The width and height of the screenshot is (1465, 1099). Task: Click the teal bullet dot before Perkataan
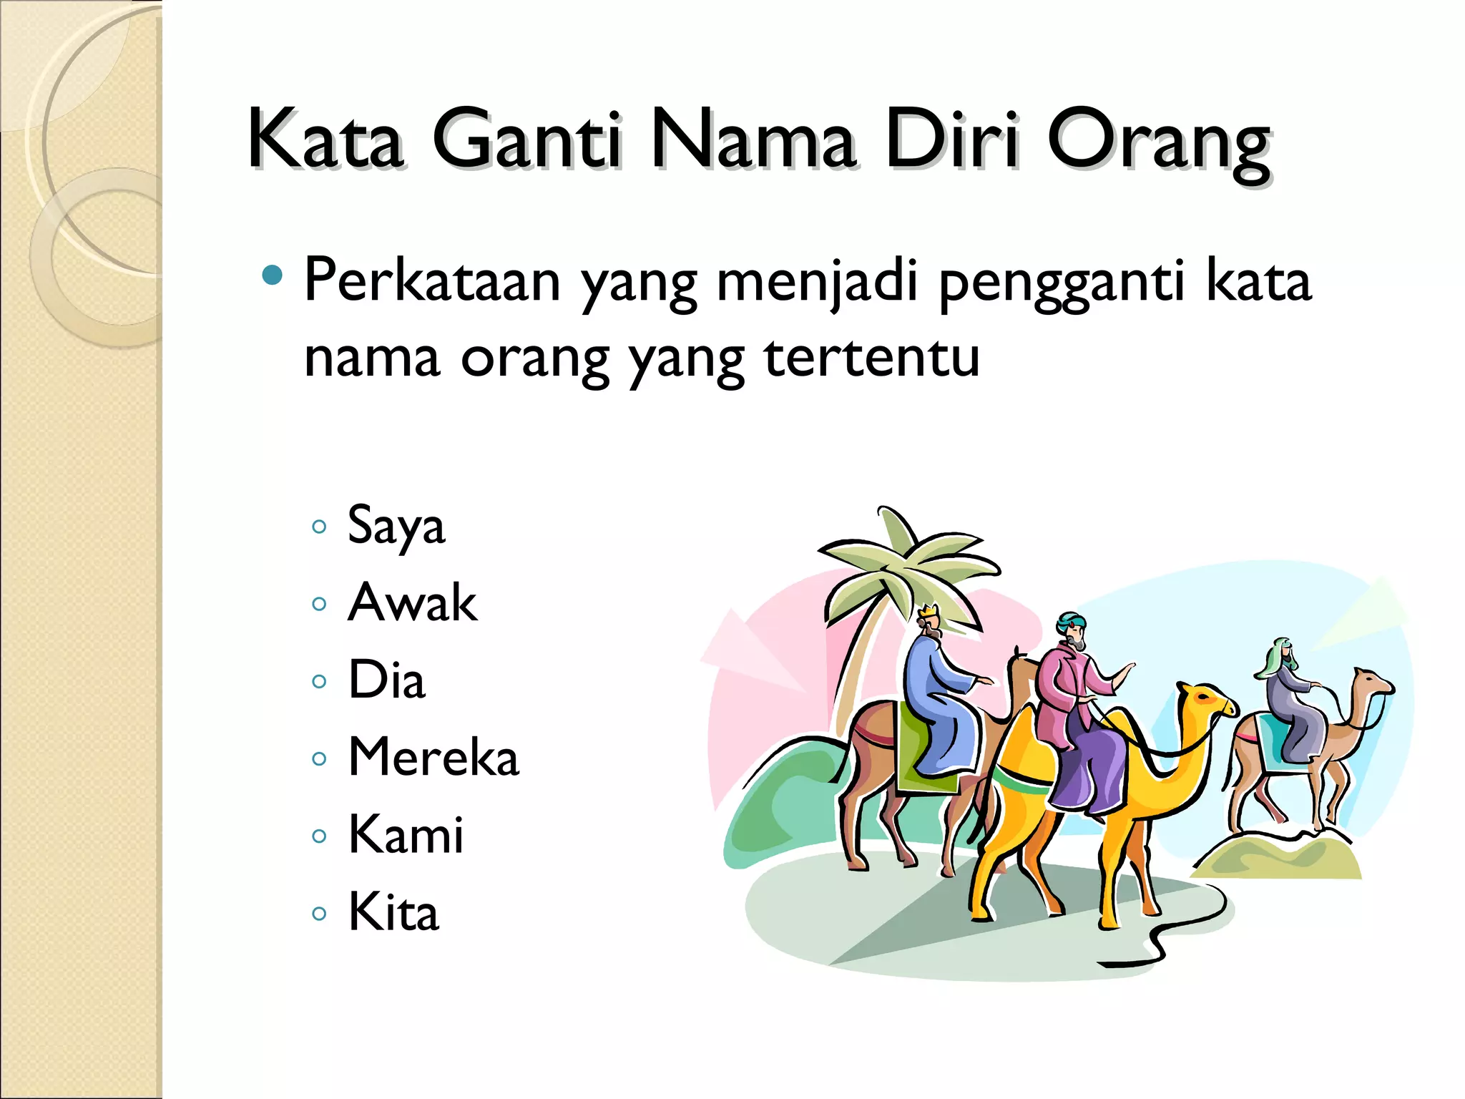(273, 275)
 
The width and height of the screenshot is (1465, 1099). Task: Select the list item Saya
(396, 527)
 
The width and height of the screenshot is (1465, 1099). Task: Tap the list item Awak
(412, 602)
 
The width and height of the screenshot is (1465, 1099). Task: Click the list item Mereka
(433, 757)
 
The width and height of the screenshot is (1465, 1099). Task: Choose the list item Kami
(406, 834)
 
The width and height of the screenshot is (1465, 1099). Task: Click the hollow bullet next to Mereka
(319, 759)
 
